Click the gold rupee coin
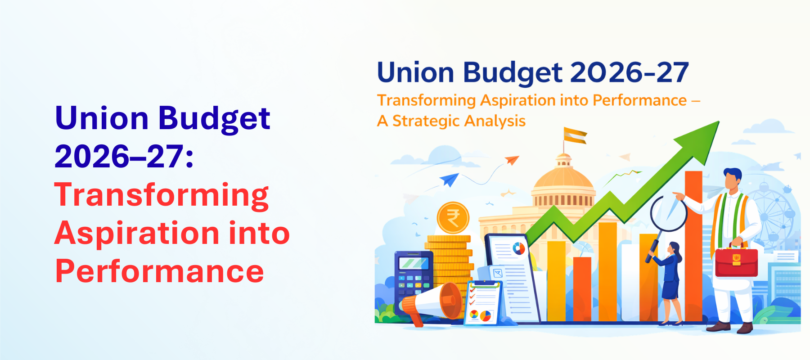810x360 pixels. tap(453, 218)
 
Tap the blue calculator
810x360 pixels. tap(413, 274)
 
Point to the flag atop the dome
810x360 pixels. tap(575, 135)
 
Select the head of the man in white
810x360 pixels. tap(732, 178)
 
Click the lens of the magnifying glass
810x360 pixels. tap(668, 212)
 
